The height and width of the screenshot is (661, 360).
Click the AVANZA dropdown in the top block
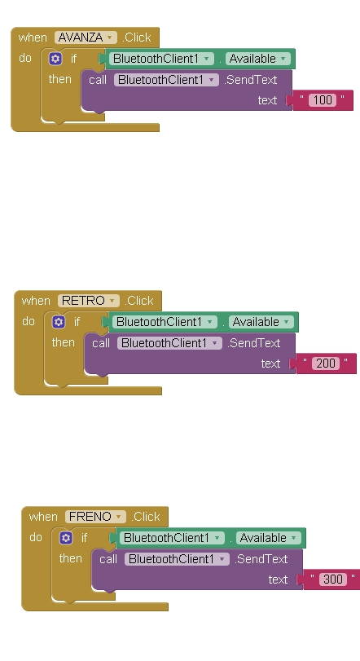point(86,37)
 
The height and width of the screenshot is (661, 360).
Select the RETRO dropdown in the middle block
point(89,301)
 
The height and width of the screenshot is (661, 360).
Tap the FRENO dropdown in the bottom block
point(95,517)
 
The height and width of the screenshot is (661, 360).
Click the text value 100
point(323,100)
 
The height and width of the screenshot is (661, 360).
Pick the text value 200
point(326,364)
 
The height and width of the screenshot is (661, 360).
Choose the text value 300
point(333,579)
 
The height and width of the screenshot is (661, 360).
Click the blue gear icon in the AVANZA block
point(55,59)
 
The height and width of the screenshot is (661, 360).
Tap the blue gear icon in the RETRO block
point(59,322)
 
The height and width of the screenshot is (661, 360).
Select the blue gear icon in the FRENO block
point(66,538)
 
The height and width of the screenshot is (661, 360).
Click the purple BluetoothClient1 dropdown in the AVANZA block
point(166,80)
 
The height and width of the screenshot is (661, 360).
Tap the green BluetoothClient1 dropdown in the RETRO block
point(165,322)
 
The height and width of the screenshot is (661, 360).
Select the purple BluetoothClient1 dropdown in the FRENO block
point(177,559)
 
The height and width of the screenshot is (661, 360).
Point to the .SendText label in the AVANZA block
point(251,80)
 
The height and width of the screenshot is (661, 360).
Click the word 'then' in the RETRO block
point(64,342)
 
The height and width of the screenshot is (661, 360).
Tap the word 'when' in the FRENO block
point(43,517)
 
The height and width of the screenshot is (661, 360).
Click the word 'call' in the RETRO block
point(101,343)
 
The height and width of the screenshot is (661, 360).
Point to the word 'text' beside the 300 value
point(278,579)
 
